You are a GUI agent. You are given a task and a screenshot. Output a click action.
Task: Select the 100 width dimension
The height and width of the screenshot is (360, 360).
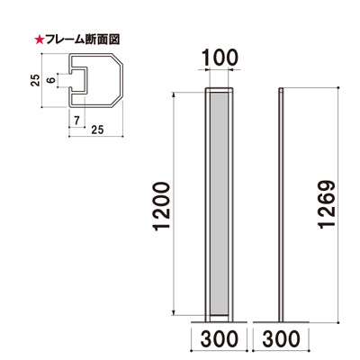click(220, 56)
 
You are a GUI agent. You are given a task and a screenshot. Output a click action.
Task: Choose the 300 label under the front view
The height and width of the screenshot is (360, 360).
click(220, 341)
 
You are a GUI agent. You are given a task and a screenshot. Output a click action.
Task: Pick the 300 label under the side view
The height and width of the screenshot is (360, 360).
click(285, 341)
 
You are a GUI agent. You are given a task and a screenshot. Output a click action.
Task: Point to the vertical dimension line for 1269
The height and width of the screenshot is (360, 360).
click(339, 205)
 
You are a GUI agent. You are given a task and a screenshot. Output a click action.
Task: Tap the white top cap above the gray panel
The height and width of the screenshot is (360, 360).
click(220, 91)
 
